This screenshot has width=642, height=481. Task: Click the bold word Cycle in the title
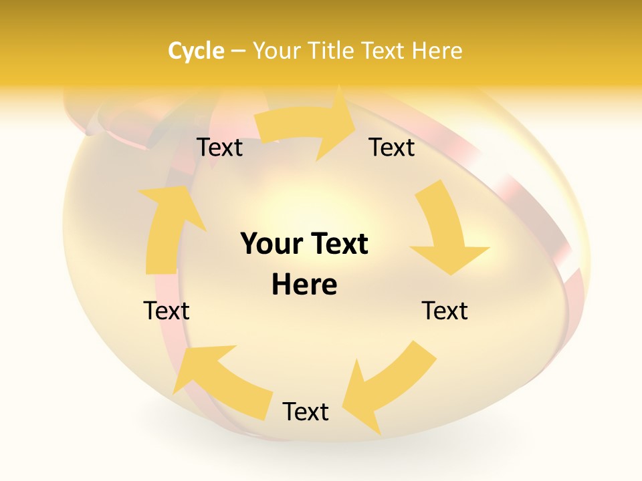tap(196, 51)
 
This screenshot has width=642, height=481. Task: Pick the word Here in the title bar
tap(438, 51)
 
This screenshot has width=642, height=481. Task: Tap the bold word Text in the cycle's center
tap(338, 245)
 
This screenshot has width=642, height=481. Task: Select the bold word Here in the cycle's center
tap(304, 285)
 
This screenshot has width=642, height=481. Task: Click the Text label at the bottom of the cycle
tap(306, 412)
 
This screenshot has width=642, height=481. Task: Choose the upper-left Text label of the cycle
tap(219, 148)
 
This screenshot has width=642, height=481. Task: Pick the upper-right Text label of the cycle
tap(392, 148)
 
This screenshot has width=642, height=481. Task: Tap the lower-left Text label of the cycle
tap(167, 311)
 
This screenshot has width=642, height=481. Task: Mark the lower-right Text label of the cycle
tap(445, 311)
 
